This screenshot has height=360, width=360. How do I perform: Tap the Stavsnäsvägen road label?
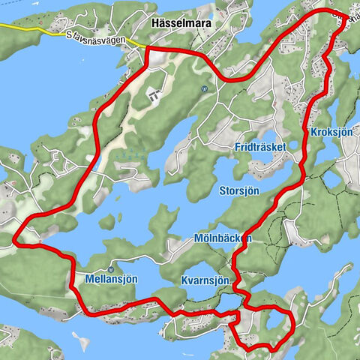(95, 35)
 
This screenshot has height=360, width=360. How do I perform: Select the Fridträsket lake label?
(259, 147)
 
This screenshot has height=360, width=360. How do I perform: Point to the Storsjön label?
(241, 190)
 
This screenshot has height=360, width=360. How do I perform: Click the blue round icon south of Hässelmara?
(203, 88)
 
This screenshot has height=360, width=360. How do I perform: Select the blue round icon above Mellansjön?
(110, 268)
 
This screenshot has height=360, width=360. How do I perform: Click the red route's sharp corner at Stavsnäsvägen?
(145, 49)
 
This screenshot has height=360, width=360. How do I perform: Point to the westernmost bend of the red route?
(15, 239)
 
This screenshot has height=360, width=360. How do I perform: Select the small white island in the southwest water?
(81, 343)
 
